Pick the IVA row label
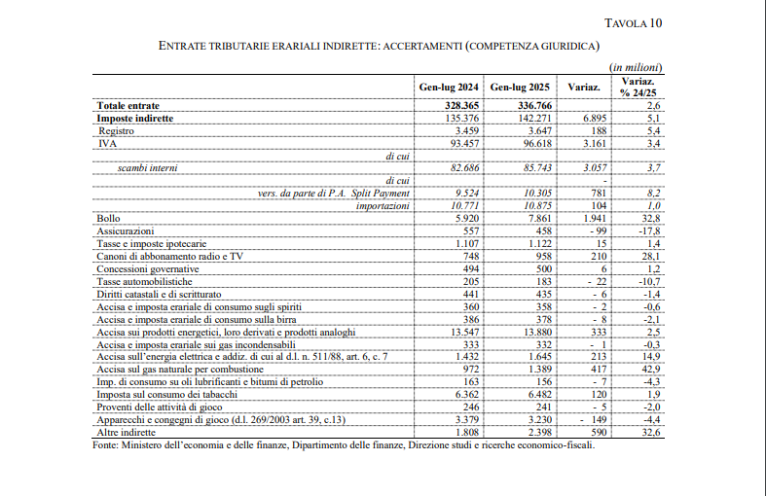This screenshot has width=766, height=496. pyautogui.click(x=106, y=143)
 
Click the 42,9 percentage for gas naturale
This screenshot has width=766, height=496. pyautogui.click(x=651, y=370)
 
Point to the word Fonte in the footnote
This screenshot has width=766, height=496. pyautogui.click(x=105, y=445)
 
